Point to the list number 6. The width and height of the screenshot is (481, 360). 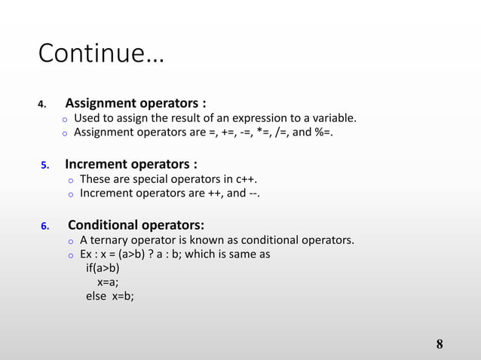click(44, 226)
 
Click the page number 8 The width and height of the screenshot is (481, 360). click(440, 345)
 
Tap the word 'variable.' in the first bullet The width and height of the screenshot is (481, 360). click(331, 118)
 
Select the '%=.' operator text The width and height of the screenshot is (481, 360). click(321, 133)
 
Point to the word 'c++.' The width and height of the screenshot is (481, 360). click(251, 179)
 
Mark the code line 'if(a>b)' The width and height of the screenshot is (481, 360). click(103, 267)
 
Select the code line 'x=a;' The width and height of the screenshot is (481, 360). click(108, 282)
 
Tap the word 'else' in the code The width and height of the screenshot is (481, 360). click(96, 296)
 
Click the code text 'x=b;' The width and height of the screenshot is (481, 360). click(123, 296)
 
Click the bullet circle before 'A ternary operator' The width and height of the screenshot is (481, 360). click(69, 242)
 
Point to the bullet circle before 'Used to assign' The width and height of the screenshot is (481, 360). click(65, 120)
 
